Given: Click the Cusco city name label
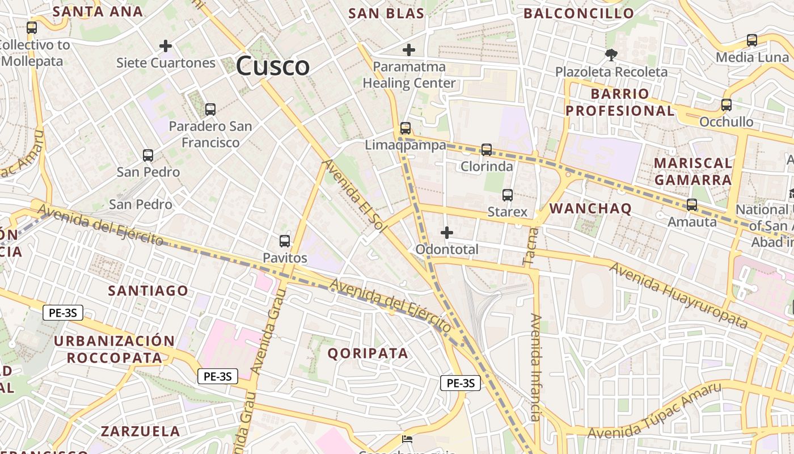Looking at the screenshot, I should point(273,66).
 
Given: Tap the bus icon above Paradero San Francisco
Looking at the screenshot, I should point(210,110).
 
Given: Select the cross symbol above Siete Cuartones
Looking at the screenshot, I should point(166,45).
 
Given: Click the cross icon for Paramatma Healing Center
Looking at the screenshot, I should point(408,50).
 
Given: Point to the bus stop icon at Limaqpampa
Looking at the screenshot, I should point(406,128).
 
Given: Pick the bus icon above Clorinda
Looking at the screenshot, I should point(487,150).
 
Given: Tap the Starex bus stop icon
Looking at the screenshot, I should point(508,195).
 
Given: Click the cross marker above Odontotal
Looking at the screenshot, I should point(447,233).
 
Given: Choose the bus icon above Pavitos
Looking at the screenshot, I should point(285,241).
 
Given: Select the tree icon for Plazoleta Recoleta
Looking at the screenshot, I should point(611,55).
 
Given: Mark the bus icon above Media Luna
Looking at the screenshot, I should point(752,40).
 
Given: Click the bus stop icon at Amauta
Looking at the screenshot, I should point(692,205).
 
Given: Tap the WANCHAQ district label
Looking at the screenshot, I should point(590,208).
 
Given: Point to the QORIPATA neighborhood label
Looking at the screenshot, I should point(368,353).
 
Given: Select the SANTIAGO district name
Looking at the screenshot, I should point(148,291).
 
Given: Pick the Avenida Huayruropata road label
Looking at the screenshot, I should point(679,295).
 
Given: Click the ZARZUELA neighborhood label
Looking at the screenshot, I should point(141,431).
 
